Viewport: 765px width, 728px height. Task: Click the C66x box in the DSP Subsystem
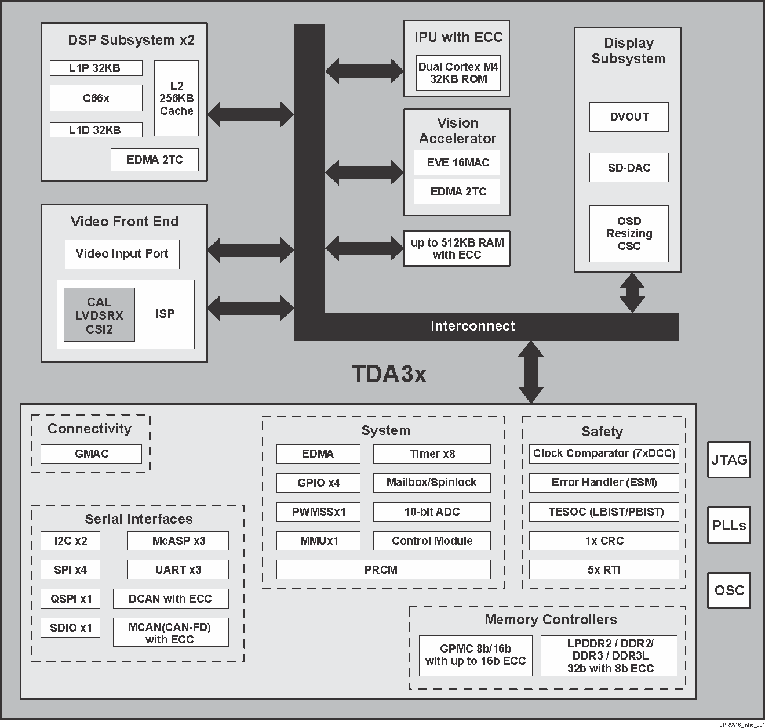(96, 98)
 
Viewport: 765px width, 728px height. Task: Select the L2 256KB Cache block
(176, 98)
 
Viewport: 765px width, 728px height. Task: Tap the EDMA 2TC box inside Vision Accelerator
(457, 191)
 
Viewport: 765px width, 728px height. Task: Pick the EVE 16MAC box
(457, 162)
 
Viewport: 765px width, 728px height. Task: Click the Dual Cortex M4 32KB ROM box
(458, 73)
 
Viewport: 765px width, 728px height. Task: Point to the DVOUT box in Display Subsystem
(629, 117)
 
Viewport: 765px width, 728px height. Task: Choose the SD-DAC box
(629, 168)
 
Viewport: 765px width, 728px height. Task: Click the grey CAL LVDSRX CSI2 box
(99, 315)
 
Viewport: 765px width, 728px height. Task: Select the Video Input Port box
(122, 254)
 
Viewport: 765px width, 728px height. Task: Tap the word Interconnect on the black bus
(472, 326)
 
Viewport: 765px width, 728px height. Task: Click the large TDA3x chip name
(389, 374)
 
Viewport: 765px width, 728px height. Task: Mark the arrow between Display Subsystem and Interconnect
(632, 292)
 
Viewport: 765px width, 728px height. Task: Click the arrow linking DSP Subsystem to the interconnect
(250, 114)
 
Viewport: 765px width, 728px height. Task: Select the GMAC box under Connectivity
(91, 454)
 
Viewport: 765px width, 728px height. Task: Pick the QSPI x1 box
(70, 599)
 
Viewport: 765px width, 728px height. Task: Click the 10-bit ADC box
(432, 512)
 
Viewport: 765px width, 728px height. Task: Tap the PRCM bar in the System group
(383, 570)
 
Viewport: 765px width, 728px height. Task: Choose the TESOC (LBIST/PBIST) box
(604, 512)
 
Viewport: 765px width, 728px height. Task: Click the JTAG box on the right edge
(728, 460)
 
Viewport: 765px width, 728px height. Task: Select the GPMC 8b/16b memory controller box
(475, 655)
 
